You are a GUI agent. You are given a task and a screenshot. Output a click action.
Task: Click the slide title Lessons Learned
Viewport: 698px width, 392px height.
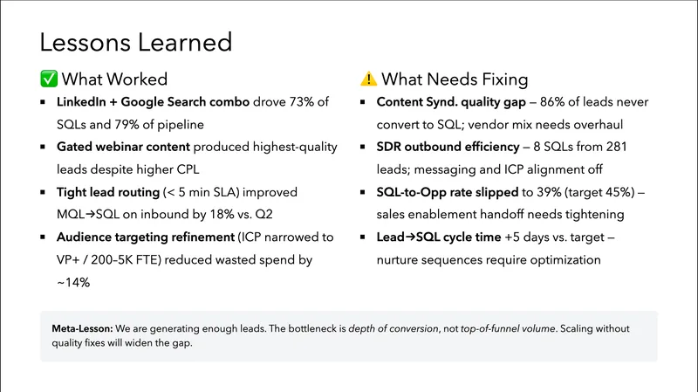(x=136, y=42)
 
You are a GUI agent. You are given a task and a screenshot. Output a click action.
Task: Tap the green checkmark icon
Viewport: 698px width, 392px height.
(x=48, y=79)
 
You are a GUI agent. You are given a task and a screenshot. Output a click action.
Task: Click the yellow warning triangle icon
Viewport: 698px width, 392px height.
(x=368, y=79)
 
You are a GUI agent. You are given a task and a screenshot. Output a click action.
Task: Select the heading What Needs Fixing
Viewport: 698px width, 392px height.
(x=455, y=79)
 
